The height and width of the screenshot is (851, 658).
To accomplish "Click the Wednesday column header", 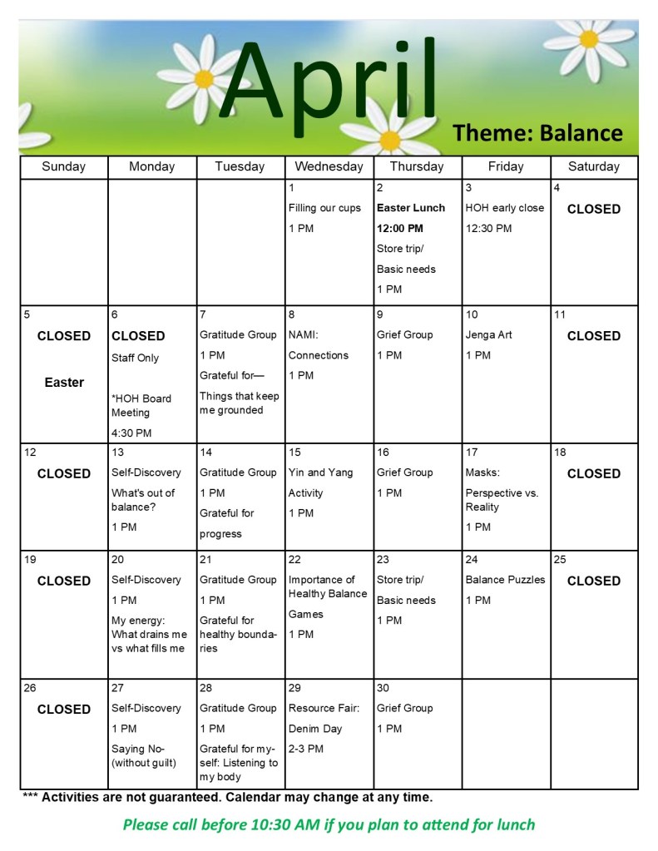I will click(x=329, y=166).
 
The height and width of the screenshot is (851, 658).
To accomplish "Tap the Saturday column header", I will click(x=593, y=166).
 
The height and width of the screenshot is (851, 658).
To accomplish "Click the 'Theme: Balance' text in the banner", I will click(x=537, y=132).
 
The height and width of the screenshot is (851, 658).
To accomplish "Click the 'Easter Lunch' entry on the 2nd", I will click(x=411, y=208).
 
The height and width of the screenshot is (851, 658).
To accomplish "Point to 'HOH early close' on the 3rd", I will click(x=504, y=208).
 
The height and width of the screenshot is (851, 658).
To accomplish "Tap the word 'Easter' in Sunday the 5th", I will click(x=64, y=383).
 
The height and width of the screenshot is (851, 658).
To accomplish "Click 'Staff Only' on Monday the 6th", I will click(x=135, y=359).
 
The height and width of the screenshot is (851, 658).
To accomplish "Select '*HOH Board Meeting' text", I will click(x=141, y=405).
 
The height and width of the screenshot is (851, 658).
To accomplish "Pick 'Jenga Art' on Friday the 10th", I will click(x=488, y=335).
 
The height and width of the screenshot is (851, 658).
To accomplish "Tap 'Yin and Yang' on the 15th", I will click(x=320, y=473).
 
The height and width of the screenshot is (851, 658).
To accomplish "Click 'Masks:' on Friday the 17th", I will click(x=482, y=473).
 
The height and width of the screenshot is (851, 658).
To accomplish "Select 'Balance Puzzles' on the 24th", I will click(x=505, y=580).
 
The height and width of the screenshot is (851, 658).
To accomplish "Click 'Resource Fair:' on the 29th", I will click(x=324, y=709).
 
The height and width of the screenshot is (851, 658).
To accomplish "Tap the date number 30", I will click(x=383, y=689).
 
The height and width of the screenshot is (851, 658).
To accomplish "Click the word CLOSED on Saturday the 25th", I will click(x=593, y=581).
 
